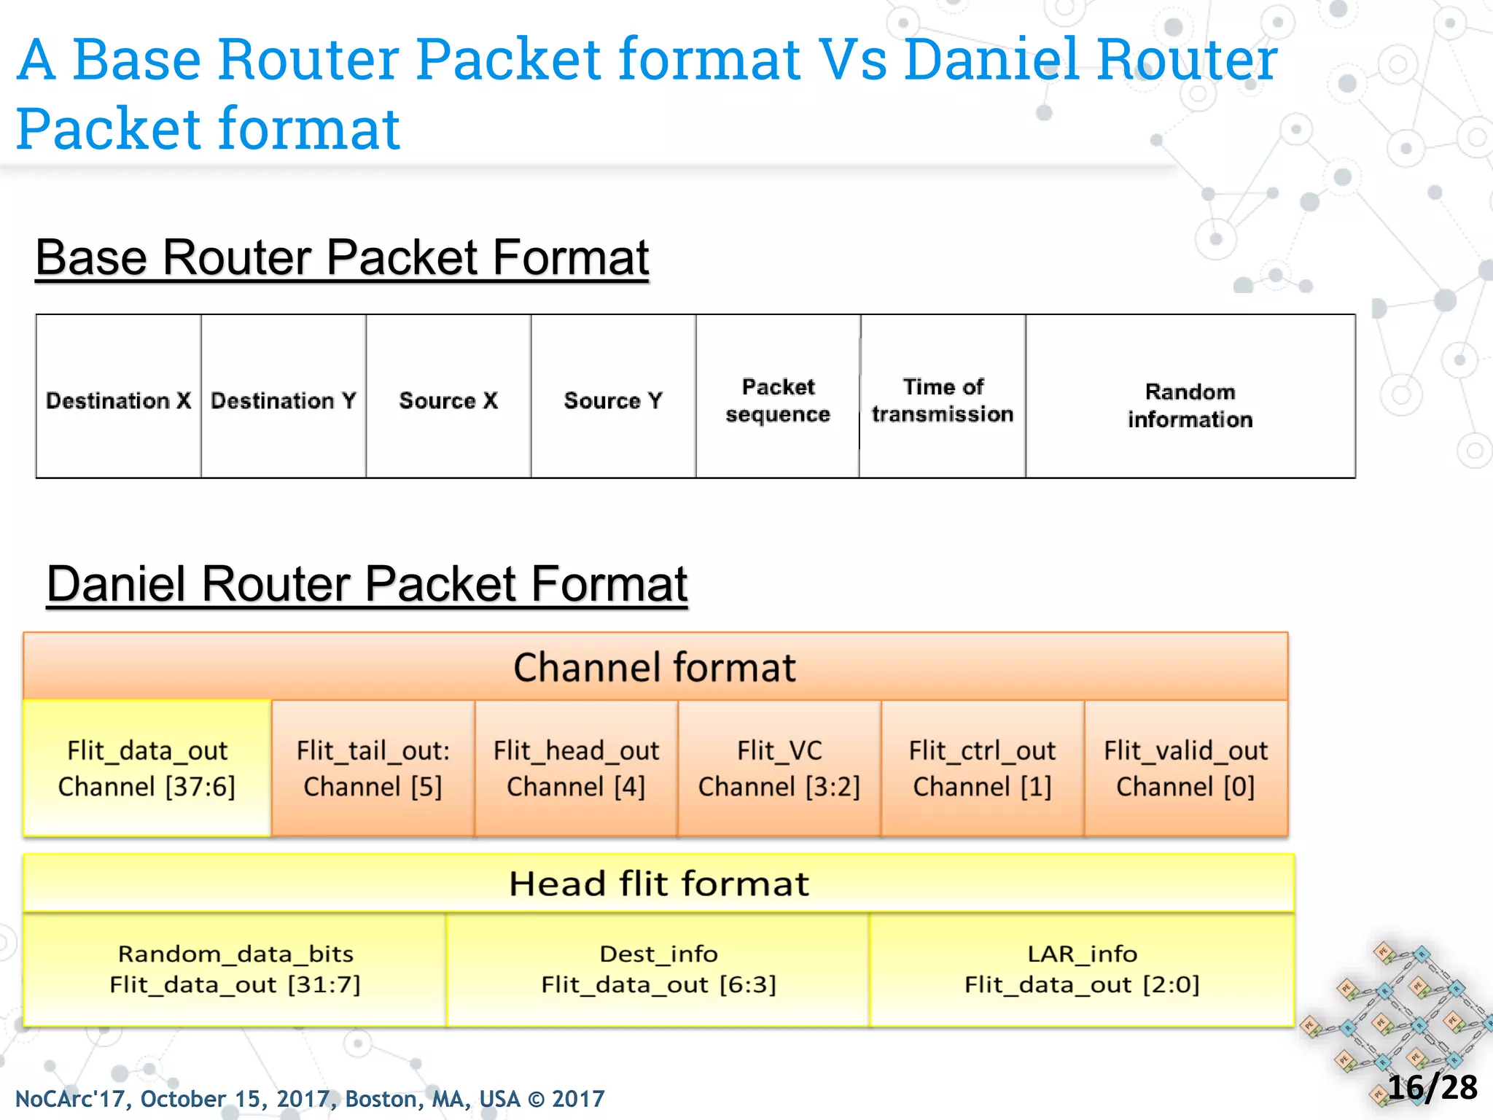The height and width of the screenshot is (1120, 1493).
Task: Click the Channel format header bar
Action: [x=655, y=666]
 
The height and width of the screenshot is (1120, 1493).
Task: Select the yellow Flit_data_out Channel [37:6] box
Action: [x=147, y=768]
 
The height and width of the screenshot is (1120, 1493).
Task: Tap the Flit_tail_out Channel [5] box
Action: [x=373, y=768]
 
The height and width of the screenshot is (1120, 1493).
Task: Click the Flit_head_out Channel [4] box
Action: [x=576, y=768]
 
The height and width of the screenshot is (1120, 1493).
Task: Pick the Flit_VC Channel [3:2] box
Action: [x=779, y=768]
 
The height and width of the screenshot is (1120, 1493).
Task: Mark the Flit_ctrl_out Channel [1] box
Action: [x=982, y=768]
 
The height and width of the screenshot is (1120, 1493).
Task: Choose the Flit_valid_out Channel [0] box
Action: [x=1185, y=768]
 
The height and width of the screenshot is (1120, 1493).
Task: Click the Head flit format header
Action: [x=658, y=883]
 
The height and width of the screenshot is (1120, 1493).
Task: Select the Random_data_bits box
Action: [x=235, y=969]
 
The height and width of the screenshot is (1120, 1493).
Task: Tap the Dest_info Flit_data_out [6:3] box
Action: [x=658, y=969]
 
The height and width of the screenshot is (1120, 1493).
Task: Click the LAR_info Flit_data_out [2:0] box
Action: [x=1082, y=969]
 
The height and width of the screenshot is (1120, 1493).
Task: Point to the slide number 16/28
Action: [x=1432, y=1087]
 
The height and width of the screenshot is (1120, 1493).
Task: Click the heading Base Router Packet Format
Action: [x=342, y=257]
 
